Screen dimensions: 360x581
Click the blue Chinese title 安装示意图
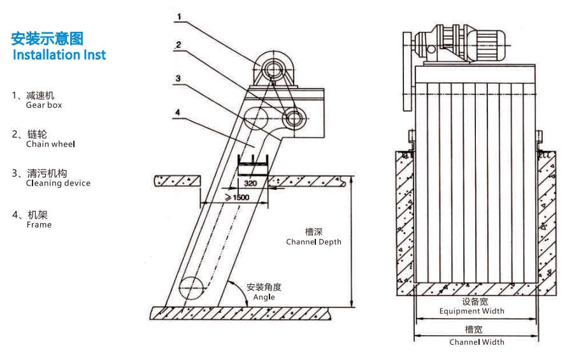(x=47, y=39)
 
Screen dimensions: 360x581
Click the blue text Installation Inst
(x=59, y=55)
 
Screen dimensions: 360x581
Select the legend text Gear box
(x=44, y=105)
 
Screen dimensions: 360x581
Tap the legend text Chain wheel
(x=50, y=144)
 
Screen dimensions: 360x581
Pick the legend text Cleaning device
(x=58, y=183)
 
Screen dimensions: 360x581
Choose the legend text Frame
(x=39, y=224)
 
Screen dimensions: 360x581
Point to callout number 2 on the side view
(x=179, y=45)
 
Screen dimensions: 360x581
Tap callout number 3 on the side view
(x=179, y=78)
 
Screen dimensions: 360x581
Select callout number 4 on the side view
(x=178, y=112)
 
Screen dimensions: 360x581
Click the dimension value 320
(x=251, y=183)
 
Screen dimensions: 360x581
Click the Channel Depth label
(x=313, y=242)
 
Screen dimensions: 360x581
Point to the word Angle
(x=264, y=297)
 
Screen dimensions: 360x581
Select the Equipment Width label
(x=471, y=311)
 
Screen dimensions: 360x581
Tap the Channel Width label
(x=477, y=342)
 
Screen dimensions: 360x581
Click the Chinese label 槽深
(x=313, y=233)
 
